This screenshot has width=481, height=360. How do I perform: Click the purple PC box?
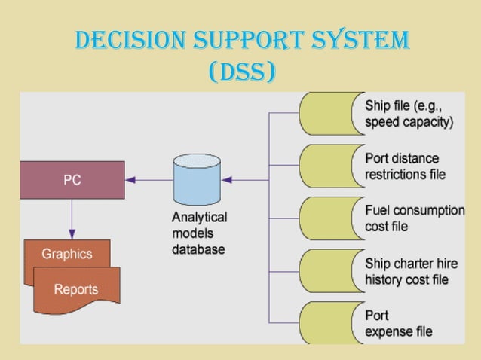point(72,180)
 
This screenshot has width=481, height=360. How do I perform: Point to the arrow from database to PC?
point(149,180)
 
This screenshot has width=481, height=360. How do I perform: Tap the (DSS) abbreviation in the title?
point(240,72)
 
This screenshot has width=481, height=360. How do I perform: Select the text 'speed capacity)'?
point(409,123)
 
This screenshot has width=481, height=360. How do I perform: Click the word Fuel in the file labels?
point(378,211)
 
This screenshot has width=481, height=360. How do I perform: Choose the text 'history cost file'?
point(407,279)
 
